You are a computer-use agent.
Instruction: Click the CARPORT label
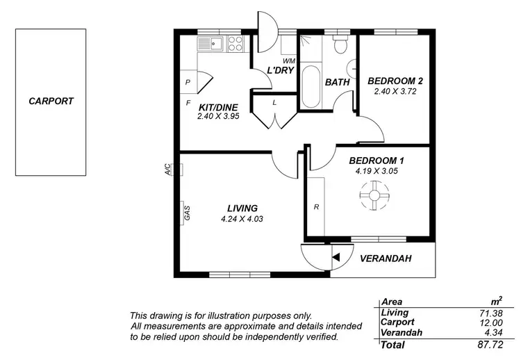51,101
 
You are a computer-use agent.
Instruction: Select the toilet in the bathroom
340,45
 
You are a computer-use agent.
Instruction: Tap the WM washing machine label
288,62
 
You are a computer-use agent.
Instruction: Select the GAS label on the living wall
187,213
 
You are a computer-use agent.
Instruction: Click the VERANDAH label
386,259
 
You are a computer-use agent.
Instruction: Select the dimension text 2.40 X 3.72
395,91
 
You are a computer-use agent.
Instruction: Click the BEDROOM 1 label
377,161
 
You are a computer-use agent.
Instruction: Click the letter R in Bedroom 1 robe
316,207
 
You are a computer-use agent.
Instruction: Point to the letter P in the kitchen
188,82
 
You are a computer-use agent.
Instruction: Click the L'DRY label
268,71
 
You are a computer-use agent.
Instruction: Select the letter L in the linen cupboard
275,102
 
